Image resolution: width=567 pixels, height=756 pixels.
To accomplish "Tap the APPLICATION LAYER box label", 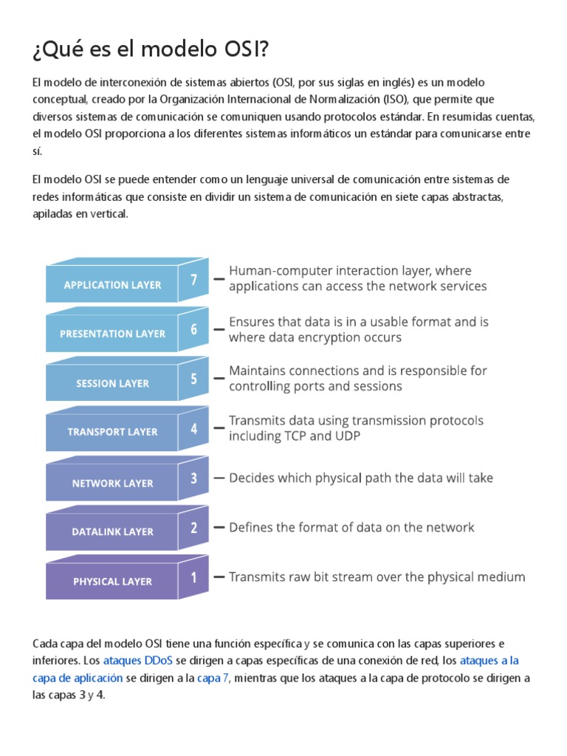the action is point(112,285).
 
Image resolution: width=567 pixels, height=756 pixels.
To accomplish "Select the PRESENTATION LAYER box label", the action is point(112,334).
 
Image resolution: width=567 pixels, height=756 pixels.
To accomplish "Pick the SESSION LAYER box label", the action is point(112,383).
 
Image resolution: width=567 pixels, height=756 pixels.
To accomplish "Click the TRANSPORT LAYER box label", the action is point(112,432).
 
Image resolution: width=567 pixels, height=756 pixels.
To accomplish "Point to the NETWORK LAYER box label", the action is point(112,484).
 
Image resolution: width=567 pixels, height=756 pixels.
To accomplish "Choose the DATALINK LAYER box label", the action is point(112,532).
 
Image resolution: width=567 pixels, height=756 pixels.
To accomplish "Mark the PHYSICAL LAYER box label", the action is point(112,581).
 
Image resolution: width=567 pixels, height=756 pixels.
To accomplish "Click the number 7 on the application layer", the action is point(193,280).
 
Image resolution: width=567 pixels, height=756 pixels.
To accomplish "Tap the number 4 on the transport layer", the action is point(193,428).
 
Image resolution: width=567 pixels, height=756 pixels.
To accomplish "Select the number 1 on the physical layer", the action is point(193,577).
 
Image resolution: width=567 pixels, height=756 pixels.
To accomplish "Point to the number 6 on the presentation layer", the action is point(193,329).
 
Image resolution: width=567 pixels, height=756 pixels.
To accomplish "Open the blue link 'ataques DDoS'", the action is point(134,660).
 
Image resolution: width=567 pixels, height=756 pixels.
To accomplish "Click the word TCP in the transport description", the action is point(301,436).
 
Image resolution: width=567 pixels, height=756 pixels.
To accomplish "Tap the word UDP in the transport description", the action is point(347,436).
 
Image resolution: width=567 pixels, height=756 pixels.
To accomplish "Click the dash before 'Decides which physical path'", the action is point(219,478).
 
